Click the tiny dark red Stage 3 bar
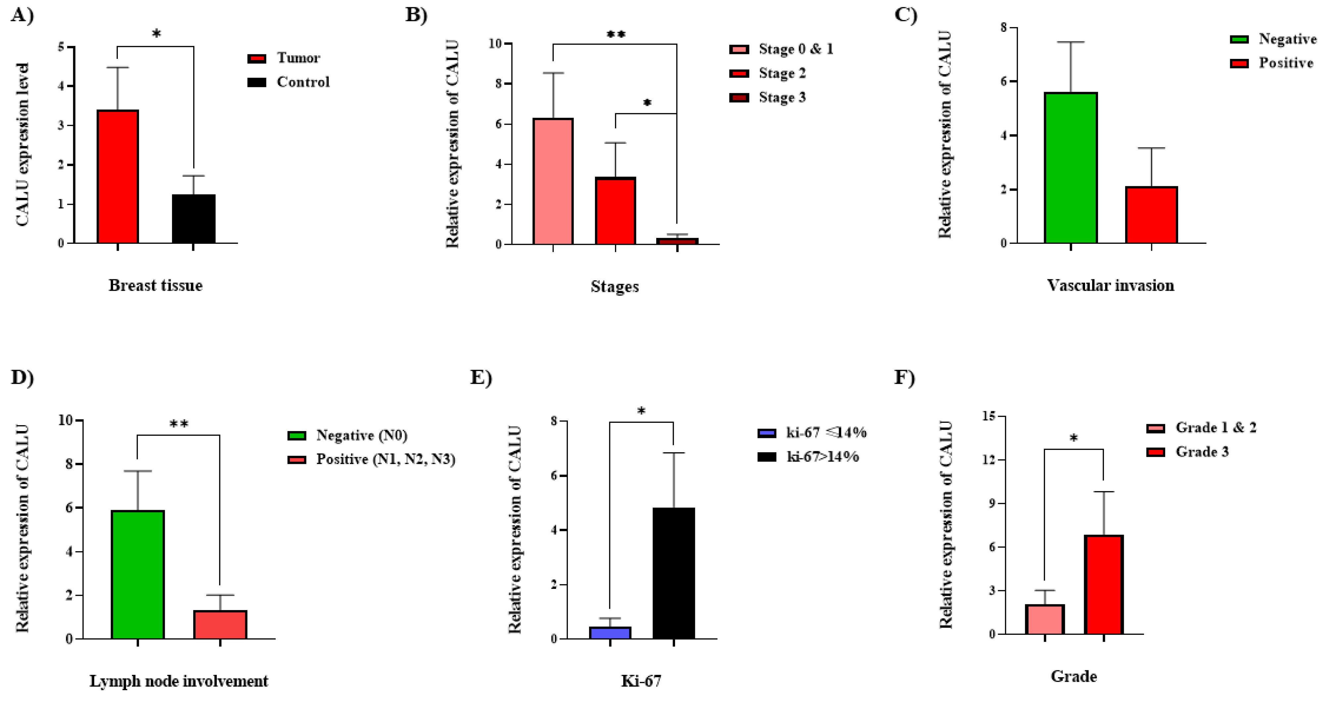pos(677,241)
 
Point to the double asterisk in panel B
pos(616,35)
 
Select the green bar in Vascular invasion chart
pos(1071,168)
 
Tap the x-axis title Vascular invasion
pos(1110,285)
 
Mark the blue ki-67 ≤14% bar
pos(610,633)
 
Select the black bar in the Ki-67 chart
pos(673,574)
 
